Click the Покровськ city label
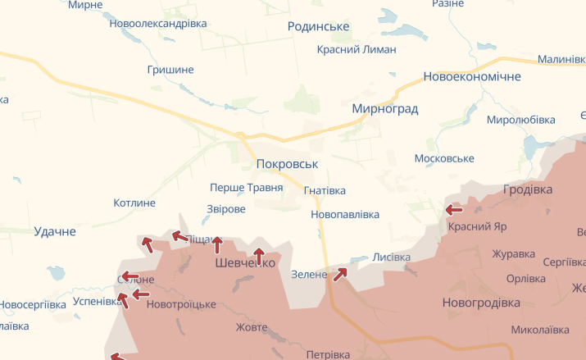[x=286, y=164]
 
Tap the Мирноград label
[x=384, y=109]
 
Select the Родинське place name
[x=318, y=27]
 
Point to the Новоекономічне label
[x=471, y=77]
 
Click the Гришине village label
[x=170, y=70]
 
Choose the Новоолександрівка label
[x=158, y=24]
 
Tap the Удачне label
[x=55, y=232]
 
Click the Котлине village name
[x=134, y=203]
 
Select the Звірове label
[x=226, y=209]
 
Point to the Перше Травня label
[x=246, y=188]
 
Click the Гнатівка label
[x=325, y=191]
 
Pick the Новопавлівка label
[x=345, y=215]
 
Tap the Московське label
[x=445, y=158]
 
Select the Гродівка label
[x=527, y=189]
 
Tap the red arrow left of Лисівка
[x=339, y=273]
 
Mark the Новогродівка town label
[x=481, y=303]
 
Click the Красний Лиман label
[x=357, y=49]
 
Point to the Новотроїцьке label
[x=181, y=305]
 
